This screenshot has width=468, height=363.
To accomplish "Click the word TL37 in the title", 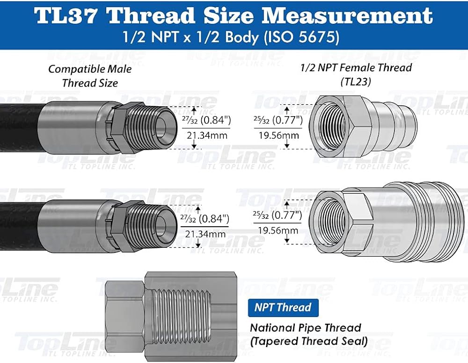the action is tap(66, 15).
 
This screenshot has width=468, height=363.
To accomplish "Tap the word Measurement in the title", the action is tap(347, 15).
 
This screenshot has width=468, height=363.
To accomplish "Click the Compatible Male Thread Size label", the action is tap(90, 76).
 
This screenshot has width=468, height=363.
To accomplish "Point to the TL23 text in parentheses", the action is tap(356, 81).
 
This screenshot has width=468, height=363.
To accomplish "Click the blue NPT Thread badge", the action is tap(283, 307).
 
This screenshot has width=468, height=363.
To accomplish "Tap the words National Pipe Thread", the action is tap(305, 328).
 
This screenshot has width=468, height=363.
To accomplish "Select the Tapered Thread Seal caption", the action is tap(308, 341).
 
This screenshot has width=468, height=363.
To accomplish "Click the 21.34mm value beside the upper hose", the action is tap(207, 135).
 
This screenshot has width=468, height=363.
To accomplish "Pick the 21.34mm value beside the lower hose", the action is tap(205, 234).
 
